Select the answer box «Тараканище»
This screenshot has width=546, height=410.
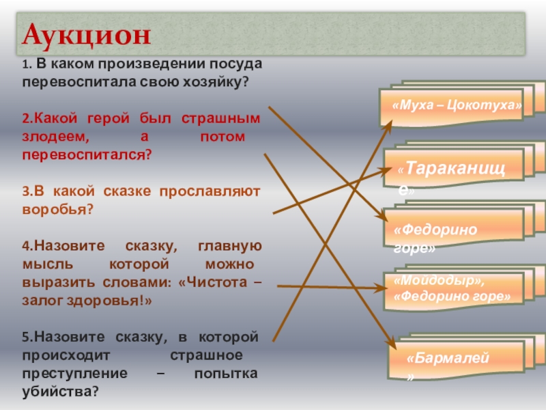(x=452, y=170)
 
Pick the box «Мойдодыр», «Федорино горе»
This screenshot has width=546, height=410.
(x=452, y=288)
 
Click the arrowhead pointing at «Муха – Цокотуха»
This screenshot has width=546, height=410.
(x=390, y=123)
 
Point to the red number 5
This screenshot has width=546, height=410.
(x=25, y=338)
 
